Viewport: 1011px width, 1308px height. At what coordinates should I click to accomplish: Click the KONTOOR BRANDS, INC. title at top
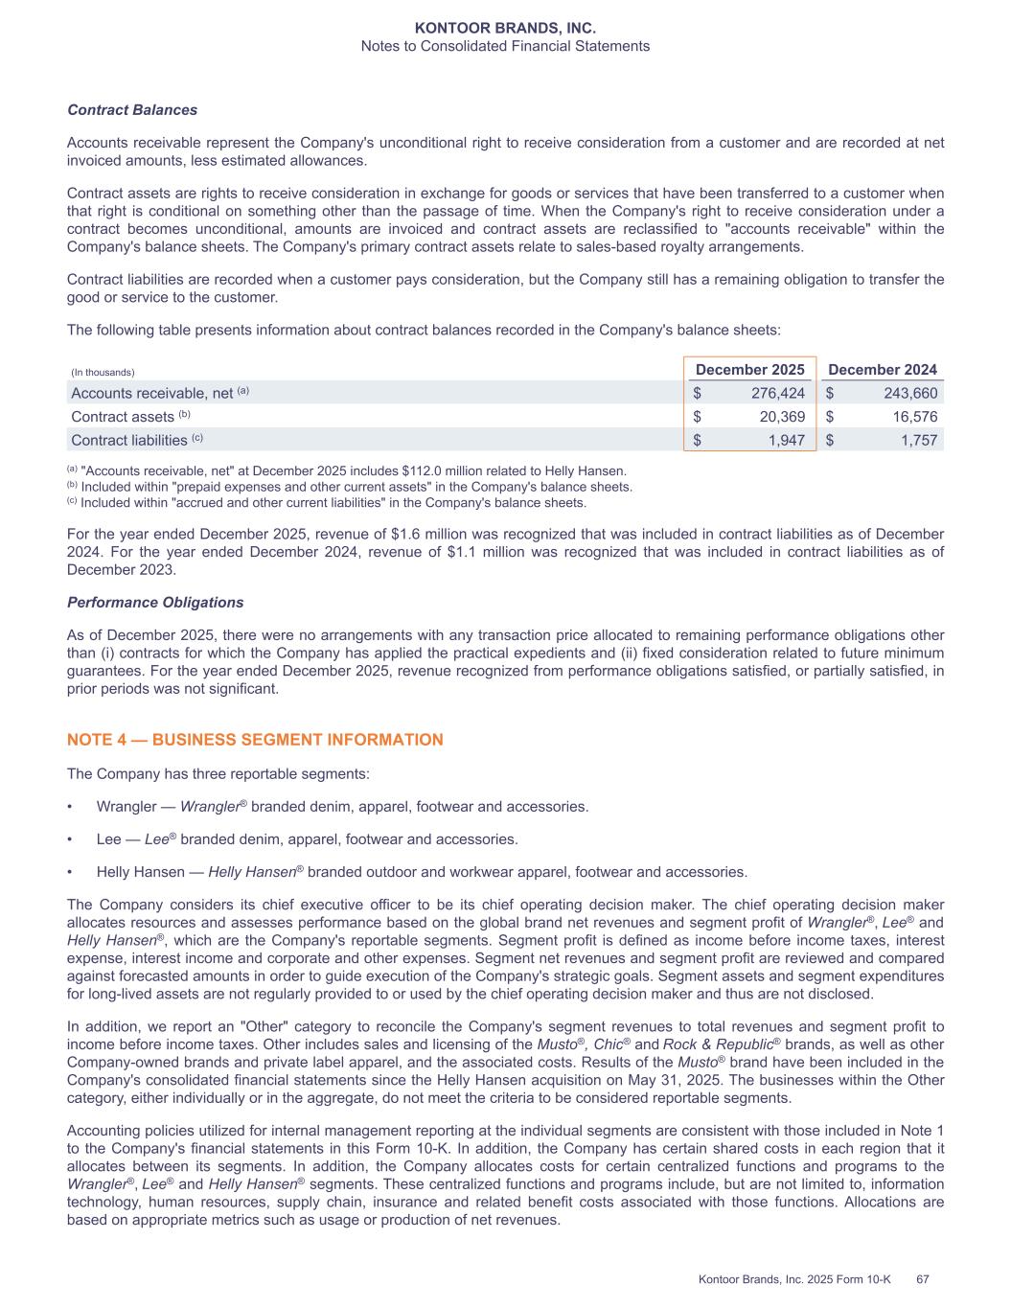point(505,29)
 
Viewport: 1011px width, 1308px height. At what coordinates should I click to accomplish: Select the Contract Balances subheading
point(132,110)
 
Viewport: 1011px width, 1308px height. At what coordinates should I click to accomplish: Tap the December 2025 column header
point(749,370)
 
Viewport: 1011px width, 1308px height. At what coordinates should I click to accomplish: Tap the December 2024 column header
point(882,370)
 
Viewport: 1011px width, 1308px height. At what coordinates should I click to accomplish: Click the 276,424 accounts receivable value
point(774,393)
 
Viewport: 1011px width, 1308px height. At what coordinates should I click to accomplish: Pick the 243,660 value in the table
point(908,393)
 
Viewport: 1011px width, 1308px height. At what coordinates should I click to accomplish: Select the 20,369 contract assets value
point(779,417)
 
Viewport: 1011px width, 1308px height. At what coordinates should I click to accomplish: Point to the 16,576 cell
point(911,417)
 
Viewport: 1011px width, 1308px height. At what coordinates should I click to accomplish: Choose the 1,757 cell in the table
point(916,440)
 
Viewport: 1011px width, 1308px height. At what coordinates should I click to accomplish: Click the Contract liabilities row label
point(129,441)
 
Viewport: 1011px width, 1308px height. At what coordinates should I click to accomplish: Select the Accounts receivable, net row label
point(152,394)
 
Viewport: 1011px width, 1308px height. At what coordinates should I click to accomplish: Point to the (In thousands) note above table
point(103,373)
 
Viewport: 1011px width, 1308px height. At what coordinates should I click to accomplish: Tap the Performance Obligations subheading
point(155,603)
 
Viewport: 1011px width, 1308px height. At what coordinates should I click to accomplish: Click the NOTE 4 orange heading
point(255,740)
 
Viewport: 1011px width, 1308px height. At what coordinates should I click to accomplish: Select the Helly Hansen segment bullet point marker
point(70,872)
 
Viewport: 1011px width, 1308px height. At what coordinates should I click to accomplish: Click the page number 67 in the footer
point(923,1279)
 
